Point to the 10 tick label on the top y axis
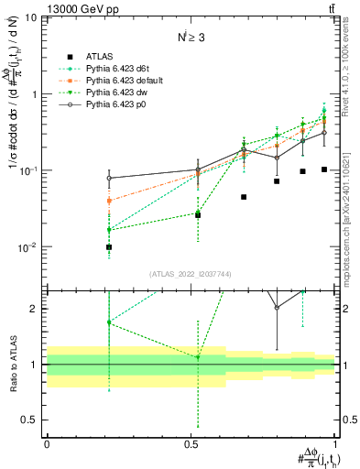click(x=31, y=17)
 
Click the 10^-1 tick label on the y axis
click(x=29, y=170)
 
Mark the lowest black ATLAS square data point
click(x=109, y=247)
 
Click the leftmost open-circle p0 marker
click(x=109, y=178)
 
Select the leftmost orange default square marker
click(x=109, y=201)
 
